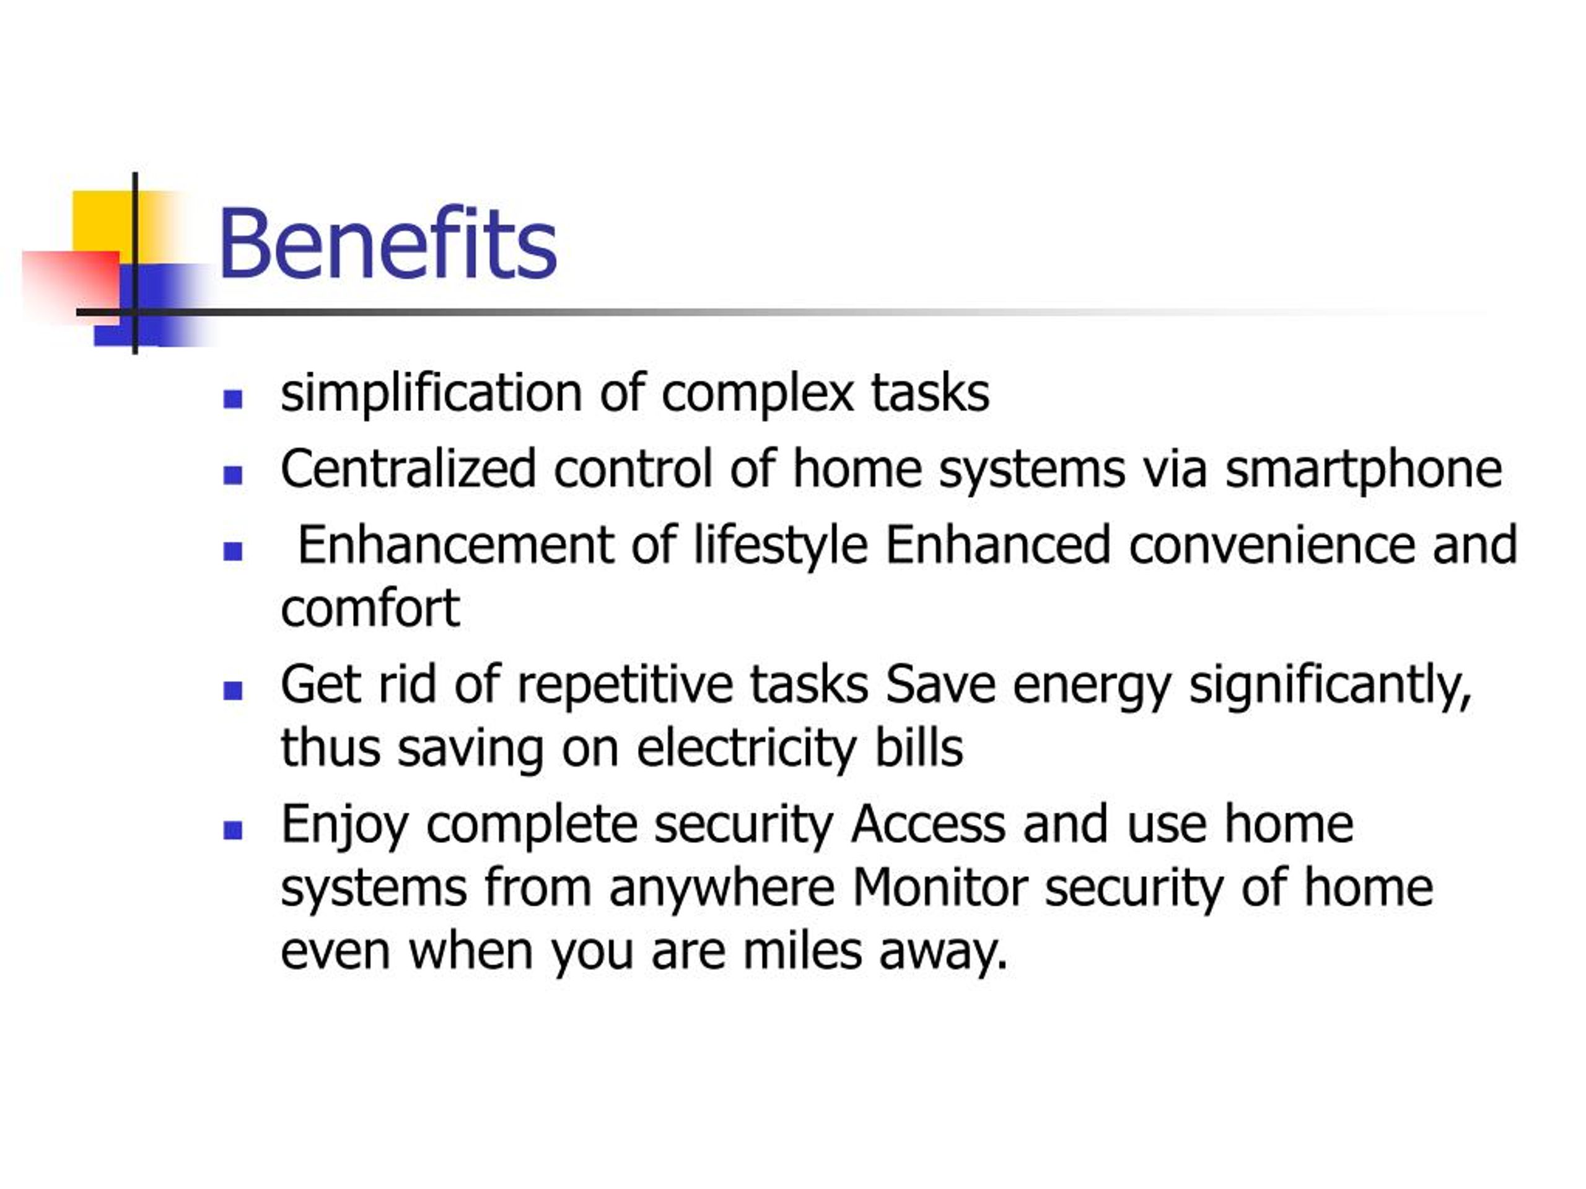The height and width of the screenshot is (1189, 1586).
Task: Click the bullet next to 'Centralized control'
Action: [232, 474]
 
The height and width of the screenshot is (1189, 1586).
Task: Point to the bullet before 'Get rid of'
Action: [232, 690]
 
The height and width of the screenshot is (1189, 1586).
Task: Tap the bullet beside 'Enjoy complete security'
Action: [232, 830]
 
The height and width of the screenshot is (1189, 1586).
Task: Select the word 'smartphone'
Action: [1363, 470]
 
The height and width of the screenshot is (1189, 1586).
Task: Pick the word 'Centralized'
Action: [408, 468]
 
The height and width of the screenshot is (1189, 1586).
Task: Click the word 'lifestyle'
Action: [781, 546]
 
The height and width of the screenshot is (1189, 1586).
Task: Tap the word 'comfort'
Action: [370, 609]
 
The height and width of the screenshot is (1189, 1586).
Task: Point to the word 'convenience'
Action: [1273, 546]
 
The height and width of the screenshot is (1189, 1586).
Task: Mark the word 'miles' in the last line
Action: [802, 951]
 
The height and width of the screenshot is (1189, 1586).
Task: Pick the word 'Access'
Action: [929, 824]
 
